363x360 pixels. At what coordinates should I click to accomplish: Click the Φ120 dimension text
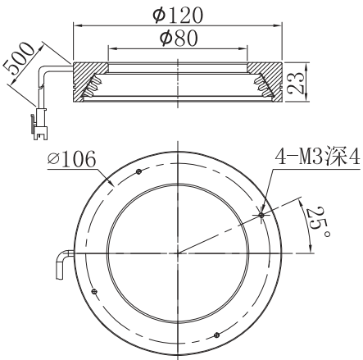coord(178,14)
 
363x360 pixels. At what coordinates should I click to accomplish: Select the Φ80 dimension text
coord(178,38)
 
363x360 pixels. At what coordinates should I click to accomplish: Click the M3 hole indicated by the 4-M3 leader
coord(261,215)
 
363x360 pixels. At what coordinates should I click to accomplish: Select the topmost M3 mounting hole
coord(138,171)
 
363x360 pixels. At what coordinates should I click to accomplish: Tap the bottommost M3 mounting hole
coord(216,334)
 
